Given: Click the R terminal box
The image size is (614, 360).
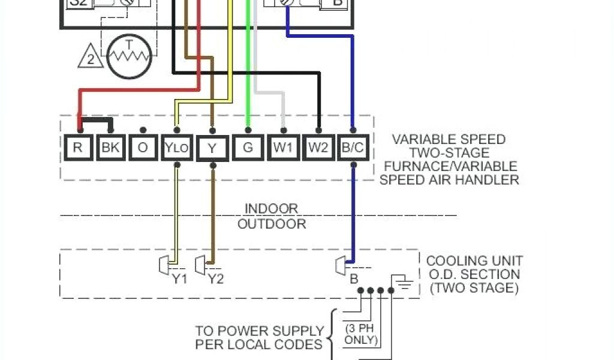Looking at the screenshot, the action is click(77, 148).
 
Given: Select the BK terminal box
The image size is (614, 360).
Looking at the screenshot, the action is click(110, 148).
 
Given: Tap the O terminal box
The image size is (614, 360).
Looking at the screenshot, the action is click(143, 148).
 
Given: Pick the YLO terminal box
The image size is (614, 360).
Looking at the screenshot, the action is click(177, 148).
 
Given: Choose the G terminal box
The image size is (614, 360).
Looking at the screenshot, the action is click(248, 148).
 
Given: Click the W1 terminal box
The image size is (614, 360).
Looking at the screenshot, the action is click(284, 148).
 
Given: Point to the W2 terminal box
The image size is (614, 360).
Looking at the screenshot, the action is click(318, 148).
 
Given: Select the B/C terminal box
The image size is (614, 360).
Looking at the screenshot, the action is click(353, 148).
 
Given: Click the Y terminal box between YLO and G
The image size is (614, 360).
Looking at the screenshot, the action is click(212, 148).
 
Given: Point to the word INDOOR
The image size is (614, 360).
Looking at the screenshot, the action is click(271, 209).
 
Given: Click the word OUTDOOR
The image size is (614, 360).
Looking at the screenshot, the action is click(272, 224).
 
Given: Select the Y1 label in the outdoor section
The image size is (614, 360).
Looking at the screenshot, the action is click(179, 279).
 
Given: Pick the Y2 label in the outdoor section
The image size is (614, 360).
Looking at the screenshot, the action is click(215, 279).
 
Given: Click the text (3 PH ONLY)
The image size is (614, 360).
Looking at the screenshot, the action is click(361, 334).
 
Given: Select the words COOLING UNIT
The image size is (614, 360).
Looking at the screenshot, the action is click(474, 261).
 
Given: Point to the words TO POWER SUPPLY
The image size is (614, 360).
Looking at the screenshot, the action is click(259, 331).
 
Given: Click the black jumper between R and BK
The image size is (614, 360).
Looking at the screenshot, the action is click(94, 120).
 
